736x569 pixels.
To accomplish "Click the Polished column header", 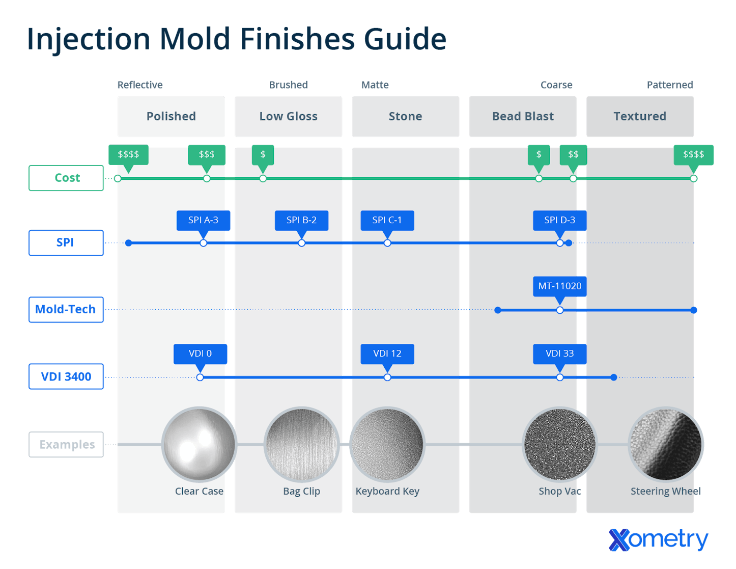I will [x=171, y=117].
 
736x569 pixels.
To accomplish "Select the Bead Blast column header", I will [x=523, y=117].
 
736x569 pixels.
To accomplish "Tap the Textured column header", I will [x=640, y=117].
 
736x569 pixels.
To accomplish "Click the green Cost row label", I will [x=66, y=178].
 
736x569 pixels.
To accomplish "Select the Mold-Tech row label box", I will [x=66, y=310].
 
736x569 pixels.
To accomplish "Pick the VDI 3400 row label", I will [x=66, y=376].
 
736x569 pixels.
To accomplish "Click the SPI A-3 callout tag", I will [x=203, y=220].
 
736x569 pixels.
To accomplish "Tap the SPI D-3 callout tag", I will [x=559, y=220].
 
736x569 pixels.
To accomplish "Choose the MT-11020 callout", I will [x=559, y=286].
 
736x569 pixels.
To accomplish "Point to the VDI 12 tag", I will [x=387, y=354].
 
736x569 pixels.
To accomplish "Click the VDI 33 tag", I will [x=559, y=354].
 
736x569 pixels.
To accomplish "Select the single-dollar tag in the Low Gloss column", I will [x=263, y=154].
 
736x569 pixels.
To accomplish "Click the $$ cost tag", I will [x=573, y=154].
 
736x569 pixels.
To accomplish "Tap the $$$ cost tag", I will [x=207, y=154].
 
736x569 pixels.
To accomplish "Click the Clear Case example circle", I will [x=199, y=444].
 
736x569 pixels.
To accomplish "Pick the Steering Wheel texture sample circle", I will [x=666, y=444].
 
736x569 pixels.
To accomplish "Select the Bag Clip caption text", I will [x=301, y=492].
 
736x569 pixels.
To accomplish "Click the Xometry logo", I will [x=658, y=540].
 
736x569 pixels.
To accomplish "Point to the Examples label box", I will [x=66, y=444].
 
